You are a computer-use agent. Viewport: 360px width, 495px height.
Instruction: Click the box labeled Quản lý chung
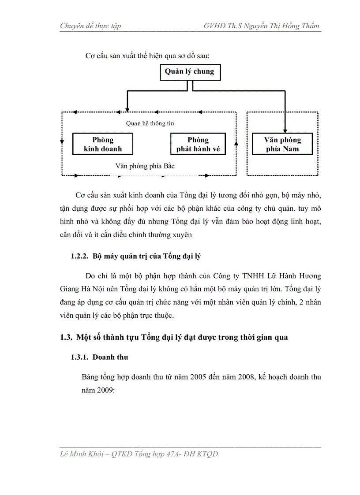(x=189, y=72)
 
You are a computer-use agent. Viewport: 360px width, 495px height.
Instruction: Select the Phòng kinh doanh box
(x=103, y=145)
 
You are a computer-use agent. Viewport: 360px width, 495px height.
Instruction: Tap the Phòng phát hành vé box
(x=198, y=145)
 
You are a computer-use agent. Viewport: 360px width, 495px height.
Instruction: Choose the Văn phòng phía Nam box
(x=282, y=145)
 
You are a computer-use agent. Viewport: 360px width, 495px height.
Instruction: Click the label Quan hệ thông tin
(x=150, y=123)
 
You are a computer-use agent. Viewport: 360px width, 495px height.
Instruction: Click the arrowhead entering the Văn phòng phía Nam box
(x=285, y=130)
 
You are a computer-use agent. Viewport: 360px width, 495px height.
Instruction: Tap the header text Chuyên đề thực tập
(x=90, y=26)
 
